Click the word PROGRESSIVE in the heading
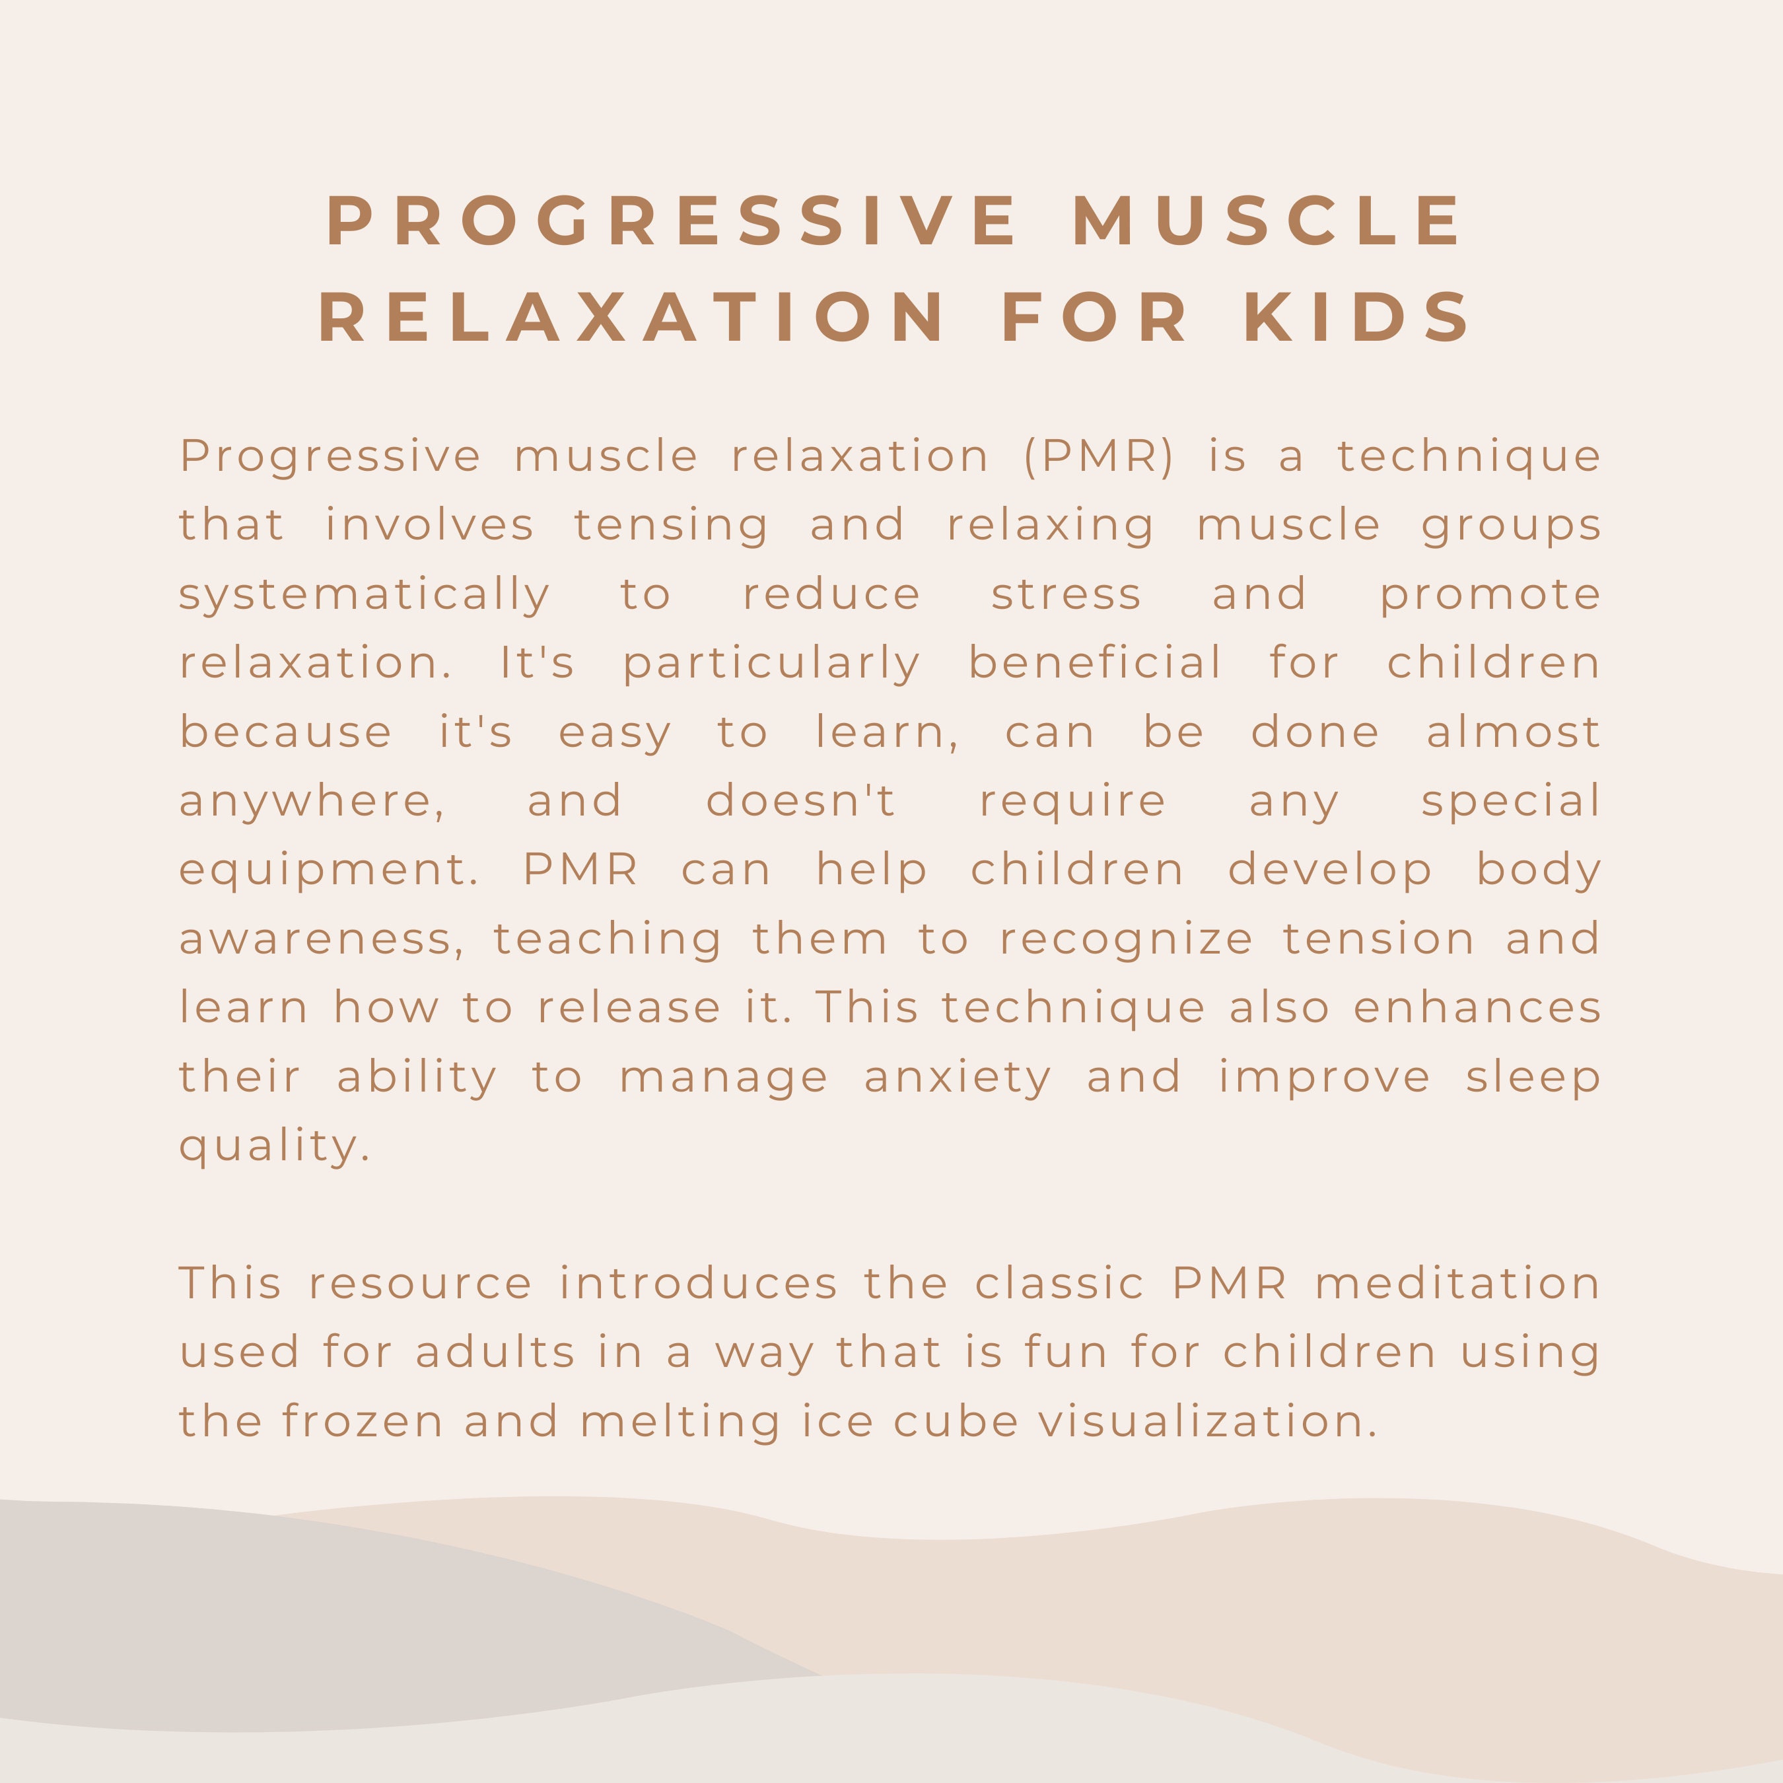[x=672, y=221]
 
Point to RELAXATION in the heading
[x=631, y=318]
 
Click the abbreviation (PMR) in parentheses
[x=1098, y=456]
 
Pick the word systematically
[x=365, y=595]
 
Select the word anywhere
[x=312, y=801]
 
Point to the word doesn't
[x=800, y=800]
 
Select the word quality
[x=274, y=1147]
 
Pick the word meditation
[x=1457, y=1284]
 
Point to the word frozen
[x=362, y=1421]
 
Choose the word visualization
[x=1207, y=1421]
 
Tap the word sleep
[x=1533, y=1078]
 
